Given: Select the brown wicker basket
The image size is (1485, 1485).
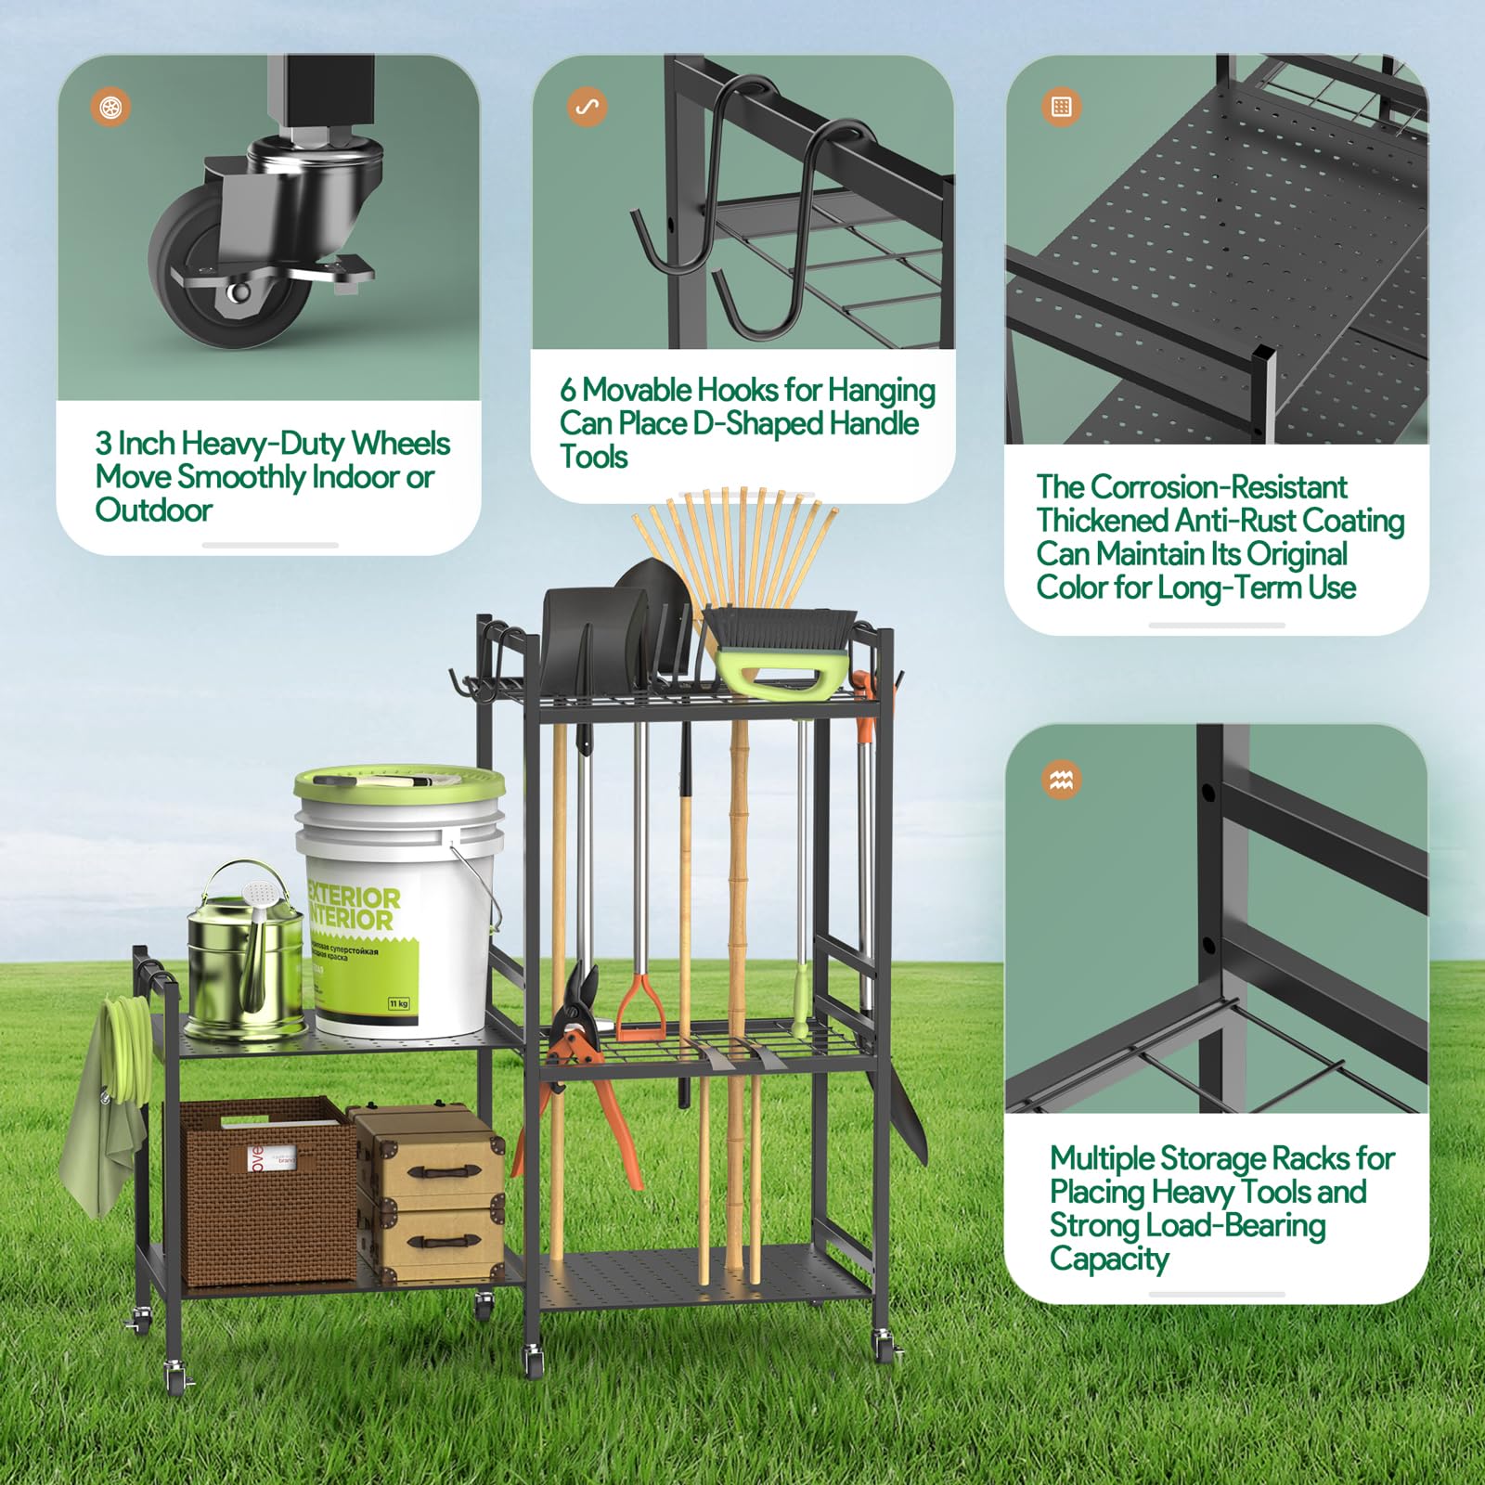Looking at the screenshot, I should [265, 1193].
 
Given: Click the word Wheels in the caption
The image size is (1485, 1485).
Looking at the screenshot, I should [400, 444].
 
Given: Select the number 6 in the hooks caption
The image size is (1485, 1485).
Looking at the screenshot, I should [568, 390].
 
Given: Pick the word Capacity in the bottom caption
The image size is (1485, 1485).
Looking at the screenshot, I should [1109, 1259].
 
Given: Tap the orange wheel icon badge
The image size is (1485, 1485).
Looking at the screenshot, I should [110, 107].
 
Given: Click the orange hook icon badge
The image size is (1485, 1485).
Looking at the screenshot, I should [587, 107].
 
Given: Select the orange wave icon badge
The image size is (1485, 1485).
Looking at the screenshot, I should [1061, 780].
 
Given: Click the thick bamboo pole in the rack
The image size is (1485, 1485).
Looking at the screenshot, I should [738, 928].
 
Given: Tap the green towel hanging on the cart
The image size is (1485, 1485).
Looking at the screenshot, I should [97, 1142].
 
